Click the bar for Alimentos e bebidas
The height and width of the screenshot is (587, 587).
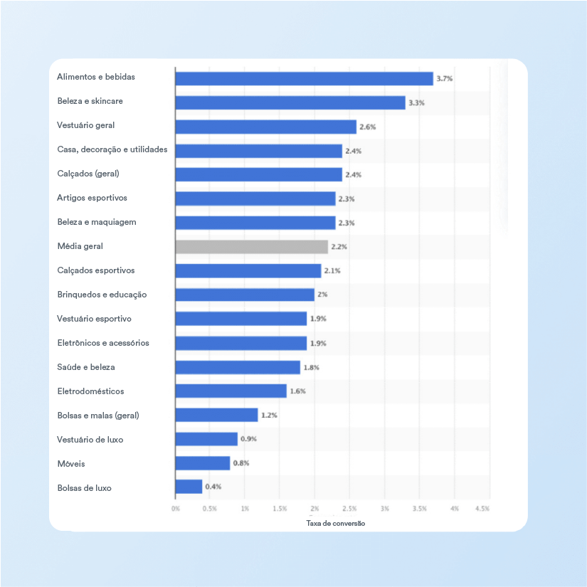pos(304,78)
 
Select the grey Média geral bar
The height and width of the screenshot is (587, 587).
pos(252,247)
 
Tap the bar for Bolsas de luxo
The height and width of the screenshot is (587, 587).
pos(189,487)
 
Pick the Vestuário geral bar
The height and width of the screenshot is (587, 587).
pos(265,127)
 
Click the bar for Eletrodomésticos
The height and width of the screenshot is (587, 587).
pos(231,391)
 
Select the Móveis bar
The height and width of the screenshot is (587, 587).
pos(203,463)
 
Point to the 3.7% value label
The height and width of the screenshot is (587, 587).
pos(445,78)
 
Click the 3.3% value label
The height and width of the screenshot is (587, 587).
pos(416,102)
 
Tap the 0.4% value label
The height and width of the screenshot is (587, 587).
pos(213,487)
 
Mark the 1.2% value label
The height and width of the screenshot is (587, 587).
pos(269,415)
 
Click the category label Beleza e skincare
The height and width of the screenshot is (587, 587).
pos(90,101)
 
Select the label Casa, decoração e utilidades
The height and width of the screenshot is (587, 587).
pos(112,149)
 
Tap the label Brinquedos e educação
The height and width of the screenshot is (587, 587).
pos(102,295)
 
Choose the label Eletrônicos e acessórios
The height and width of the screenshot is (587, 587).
pos(103,343)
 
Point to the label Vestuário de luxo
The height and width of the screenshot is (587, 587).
pos(90,440)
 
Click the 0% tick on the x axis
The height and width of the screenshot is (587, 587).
pos(175,509)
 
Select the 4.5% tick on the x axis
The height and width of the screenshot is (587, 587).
pos(482,509)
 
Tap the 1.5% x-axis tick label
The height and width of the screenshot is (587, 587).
pos(280,509)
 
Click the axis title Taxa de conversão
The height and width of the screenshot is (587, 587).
pos(335,523)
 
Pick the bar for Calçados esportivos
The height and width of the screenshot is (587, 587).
pos(248,271)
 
